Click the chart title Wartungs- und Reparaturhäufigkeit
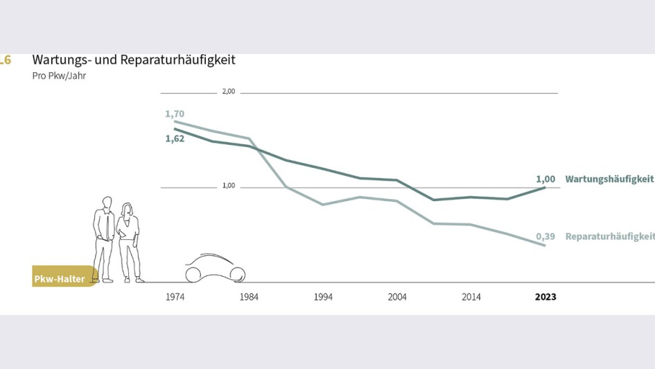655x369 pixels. (134, 60)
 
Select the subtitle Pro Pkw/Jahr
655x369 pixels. (59, 76)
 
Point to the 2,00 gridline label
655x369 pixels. (228, 92)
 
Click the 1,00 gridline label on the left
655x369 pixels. (228, 186)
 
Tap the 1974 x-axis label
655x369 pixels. (175, 297)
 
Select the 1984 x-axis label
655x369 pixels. (249, 297)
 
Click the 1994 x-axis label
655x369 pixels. (323, 297)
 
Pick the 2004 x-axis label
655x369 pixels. (397, 297)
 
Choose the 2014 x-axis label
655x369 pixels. (471, 297)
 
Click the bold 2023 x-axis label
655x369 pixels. (545, 297)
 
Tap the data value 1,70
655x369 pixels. (175, 114)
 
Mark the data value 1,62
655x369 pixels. (175, 139)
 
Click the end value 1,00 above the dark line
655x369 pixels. (545, 179)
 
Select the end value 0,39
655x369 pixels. (545, 237)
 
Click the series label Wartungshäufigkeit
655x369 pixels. (609, 179)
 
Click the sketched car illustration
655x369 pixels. (215, 268)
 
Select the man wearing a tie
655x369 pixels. (105, 239)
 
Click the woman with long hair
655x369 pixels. (129, 243)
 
